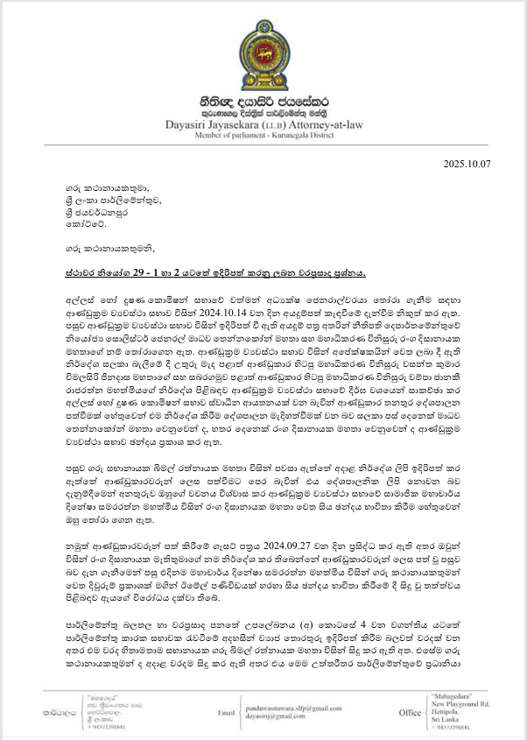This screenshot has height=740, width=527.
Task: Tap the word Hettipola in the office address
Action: pos(448,717)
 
